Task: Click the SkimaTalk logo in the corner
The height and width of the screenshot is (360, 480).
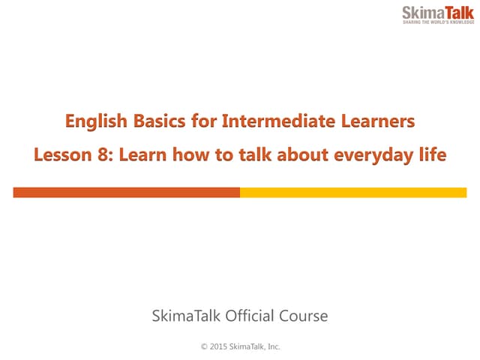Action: pyautogui.click(x=437, y=15)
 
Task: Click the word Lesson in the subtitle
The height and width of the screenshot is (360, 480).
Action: pyautogui.click(x=59, y=156)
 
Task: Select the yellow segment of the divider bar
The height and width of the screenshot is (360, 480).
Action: pyautogui.click(x=353, y=193)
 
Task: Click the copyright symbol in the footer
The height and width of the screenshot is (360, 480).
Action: pyautogui.click(x=203, y=346)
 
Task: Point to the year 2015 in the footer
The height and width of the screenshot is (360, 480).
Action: pyautogui.click(x=218, y=346)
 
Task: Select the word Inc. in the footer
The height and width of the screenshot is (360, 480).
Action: pyautogui.click(x=271, y=346)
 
